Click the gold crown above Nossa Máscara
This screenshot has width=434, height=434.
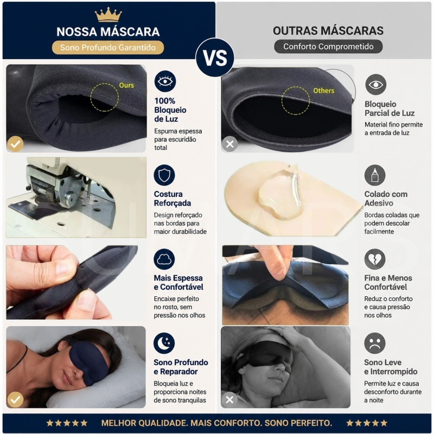(x=108, y=15)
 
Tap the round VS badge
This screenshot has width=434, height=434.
(x=215, y=58)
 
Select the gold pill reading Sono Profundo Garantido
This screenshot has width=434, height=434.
(x=108, y=48)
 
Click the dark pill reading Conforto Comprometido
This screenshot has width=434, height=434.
(x=328, y=47)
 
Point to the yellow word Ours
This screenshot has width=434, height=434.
(x=126, y=85)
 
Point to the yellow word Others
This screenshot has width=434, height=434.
(x=323, y=91)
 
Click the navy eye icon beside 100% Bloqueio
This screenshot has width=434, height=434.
(x=165, y=81)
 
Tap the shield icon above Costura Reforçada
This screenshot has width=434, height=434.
(x=164, y=175)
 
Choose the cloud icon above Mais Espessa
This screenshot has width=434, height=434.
(x=164, y=259)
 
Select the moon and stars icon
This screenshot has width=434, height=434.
(x=164, y=343)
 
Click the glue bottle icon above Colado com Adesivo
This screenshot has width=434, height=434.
(x=375, y=175)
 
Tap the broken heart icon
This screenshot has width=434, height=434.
(x=375, y=259)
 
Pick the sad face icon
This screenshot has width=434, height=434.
(x=375, y=343)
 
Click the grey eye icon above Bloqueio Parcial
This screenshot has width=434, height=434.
(x=375, y=85)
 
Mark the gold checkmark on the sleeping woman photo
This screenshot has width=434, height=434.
(x=15, y=399)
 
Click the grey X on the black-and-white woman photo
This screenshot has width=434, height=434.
(x=229, y=399)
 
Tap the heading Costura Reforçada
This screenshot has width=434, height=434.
(x=172, y=199)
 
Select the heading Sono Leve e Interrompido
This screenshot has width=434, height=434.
(x=391, y=367)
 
